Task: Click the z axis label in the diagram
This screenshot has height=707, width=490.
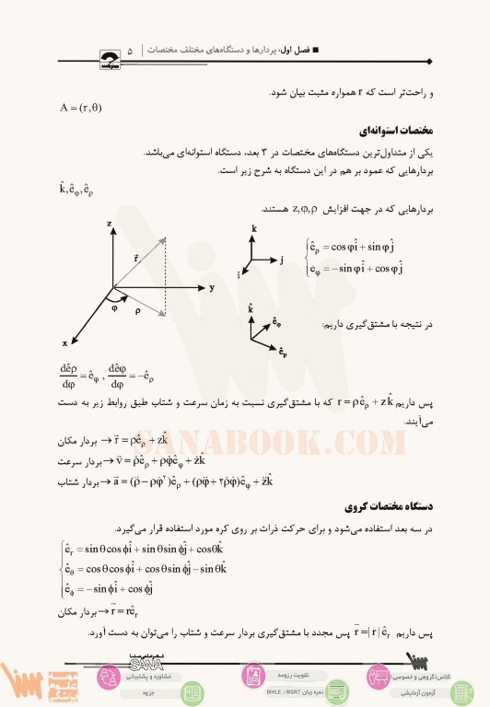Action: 110,223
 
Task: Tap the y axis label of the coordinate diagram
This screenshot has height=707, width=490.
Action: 211,287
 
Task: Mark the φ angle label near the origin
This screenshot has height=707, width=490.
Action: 115,307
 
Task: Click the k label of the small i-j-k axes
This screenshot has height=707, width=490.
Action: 253,226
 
